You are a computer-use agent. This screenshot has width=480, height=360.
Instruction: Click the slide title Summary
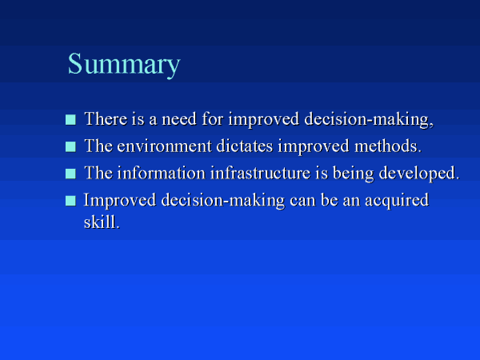tap(124, 64)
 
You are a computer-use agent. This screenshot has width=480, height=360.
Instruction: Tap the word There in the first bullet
tap(106, 118)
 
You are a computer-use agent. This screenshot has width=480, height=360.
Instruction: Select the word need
tap(179, 118)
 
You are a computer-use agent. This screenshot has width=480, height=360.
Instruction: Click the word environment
tap(164, 146)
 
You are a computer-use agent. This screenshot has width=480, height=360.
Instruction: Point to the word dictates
tap(245, 146)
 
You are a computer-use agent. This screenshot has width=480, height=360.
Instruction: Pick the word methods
tap(388, 146)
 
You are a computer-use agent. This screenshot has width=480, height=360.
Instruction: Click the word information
tap(162, 173)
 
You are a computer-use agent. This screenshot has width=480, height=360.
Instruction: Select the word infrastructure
tap(261, 173)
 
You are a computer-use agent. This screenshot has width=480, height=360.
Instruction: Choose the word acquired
tap(397, 201)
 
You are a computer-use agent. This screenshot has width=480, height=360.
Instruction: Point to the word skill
tap(102, 222)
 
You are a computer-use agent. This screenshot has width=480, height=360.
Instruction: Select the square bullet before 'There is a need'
tap(70, 120)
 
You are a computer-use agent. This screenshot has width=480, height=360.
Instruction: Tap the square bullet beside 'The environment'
tap(70, 146)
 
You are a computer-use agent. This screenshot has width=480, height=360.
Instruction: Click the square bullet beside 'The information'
tap(70, 174)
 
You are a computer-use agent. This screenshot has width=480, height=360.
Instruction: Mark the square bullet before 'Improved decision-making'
tap(70, 201)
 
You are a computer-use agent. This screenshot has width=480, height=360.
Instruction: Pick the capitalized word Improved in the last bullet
tap(120, 201)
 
